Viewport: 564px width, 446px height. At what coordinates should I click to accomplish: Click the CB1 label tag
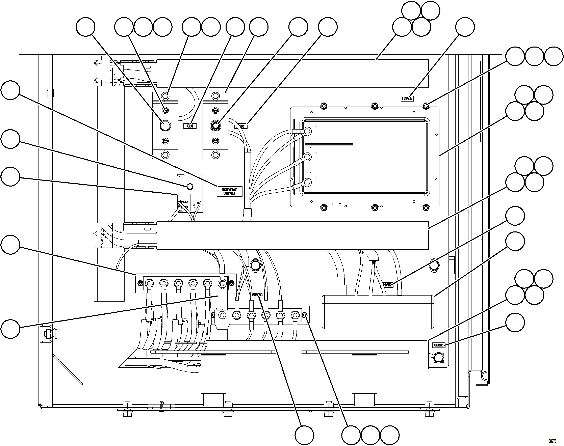[190, 126]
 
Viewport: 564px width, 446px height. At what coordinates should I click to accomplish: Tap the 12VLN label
[407, 99]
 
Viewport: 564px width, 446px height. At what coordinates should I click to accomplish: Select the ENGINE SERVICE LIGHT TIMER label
[229, 192]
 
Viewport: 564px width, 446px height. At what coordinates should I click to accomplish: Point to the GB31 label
[258, 295]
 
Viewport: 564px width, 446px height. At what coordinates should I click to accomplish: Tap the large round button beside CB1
[165, 126]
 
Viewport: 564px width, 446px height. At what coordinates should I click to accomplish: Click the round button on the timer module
[190, 187]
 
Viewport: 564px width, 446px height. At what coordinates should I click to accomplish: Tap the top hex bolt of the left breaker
[165, 95]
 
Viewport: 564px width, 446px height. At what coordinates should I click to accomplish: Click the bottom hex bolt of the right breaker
[215, 155]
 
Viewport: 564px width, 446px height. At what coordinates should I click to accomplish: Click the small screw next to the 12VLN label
[426, 106]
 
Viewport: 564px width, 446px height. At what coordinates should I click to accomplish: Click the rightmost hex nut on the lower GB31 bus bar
[295, 315]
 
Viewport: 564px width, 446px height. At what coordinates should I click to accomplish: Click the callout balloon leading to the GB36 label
[515, 323]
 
